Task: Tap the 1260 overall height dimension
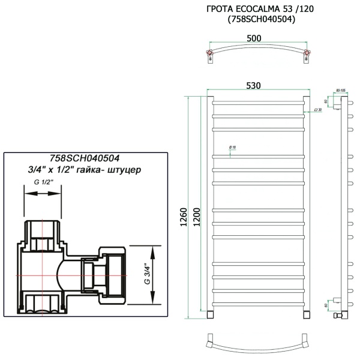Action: click(184, 221)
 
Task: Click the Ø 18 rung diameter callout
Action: click(233, 147)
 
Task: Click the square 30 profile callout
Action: click(318, 110)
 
